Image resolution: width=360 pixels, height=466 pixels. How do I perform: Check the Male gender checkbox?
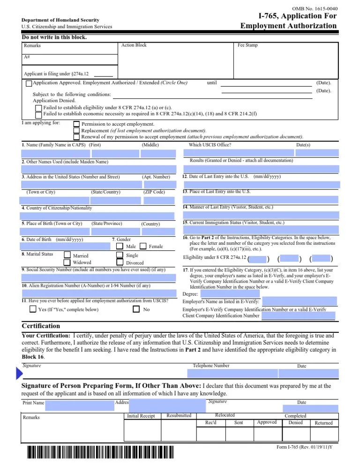[120, 247]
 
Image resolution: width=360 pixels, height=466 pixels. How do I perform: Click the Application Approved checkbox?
[29, 83]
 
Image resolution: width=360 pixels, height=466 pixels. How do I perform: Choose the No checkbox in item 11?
[136, 309]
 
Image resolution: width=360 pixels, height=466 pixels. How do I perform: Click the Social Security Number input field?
[98, 277]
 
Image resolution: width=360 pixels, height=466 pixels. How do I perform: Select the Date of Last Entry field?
[260, 184]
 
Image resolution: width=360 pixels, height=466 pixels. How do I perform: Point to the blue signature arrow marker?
[19, 374]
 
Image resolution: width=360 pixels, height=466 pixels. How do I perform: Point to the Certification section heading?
[41, 326]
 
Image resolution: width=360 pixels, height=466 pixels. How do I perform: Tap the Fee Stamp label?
[247, 45]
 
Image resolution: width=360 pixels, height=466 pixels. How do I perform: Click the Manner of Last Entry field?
[260, 215]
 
